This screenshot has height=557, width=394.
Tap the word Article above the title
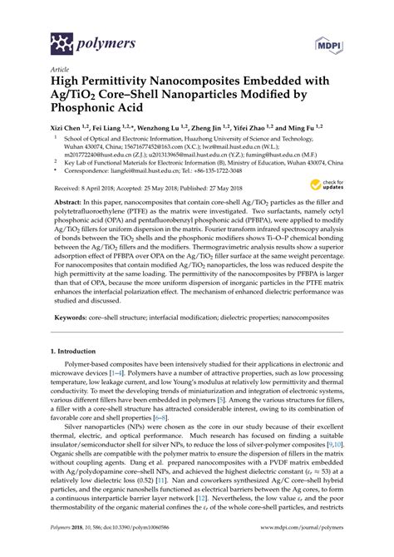click(61, 72)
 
